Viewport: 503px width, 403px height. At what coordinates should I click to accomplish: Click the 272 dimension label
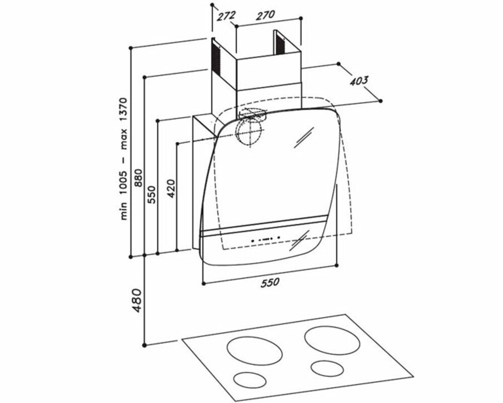click(226, 16)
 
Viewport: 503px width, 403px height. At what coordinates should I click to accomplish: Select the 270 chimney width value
click(265, 15)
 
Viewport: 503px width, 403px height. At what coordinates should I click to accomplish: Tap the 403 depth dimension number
click(358, 81)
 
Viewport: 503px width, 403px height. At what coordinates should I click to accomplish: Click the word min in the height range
click(124, 212)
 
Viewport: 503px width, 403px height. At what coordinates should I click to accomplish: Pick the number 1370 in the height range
click(124, 110)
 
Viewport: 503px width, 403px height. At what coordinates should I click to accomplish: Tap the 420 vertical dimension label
click(171, 188)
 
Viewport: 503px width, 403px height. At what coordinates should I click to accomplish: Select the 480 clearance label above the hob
click(136, 300)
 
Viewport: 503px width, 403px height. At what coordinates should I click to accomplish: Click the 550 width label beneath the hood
click(270, 283)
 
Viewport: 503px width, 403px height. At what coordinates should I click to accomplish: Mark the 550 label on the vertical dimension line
click(152, 194)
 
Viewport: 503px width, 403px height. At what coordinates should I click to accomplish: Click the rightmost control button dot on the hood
click(279, 237)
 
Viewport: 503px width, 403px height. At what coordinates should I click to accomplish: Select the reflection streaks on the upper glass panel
click(304, 138)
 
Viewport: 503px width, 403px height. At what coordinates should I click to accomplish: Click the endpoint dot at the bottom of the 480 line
click(145, 345)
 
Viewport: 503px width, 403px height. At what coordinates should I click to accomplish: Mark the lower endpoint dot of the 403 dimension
click(381, 101)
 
